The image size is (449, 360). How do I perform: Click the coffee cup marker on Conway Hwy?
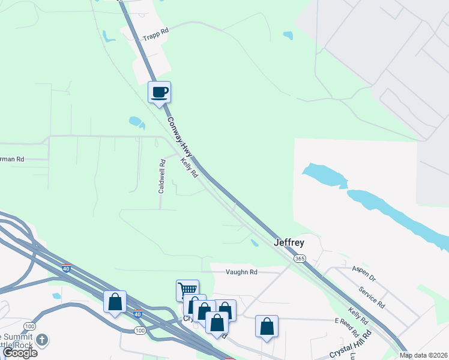coord(159,92)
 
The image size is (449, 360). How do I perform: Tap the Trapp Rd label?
coord(156,37)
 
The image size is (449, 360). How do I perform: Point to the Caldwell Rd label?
coord(161,175)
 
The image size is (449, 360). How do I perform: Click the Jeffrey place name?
coord(289,243)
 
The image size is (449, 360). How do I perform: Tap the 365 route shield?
coord(299,258)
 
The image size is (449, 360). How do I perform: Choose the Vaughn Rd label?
coord(241,272)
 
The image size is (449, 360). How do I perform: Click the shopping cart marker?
coord(187,290)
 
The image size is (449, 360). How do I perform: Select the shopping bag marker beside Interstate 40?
coord(115,301)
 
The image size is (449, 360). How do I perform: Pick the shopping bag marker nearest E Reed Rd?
coord(267,326)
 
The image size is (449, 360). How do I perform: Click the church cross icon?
coord(41,340)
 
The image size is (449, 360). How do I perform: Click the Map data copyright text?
coord(424,355)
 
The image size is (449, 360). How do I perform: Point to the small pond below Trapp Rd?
coord(109,36)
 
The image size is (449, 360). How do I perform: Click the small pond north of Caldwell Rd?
coord(136,122)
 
